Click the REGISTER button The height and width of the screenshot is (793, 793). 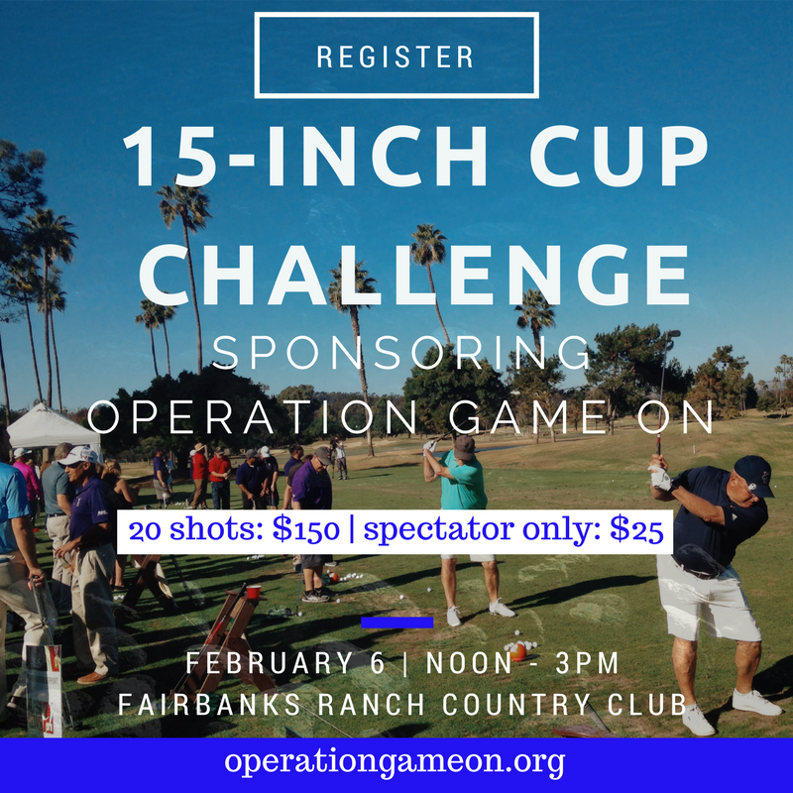[396, 56]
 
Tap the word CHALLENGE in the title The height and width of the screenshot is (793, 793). [414, 276]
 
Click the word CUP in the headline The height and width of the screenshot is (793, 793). [619, 157]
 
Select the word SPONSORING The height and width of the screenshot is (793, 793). [401, 352]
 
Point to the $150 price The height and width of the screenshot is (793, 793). [305, 530]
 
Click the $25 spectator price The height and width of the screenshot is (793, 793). [636, 530]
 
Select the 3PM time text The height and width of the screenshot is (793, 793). [587, 663]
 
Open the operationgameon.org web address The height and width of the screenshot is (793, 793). [395, 761]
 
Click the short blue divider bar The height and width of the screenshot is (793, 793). [397, 623]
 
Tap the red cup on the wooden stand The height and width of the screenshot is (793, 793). [254, 591]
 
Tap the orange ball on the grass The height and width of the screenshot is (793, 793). [517, 652]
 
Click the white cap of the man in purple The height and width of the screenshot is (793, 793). [79, 456]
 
